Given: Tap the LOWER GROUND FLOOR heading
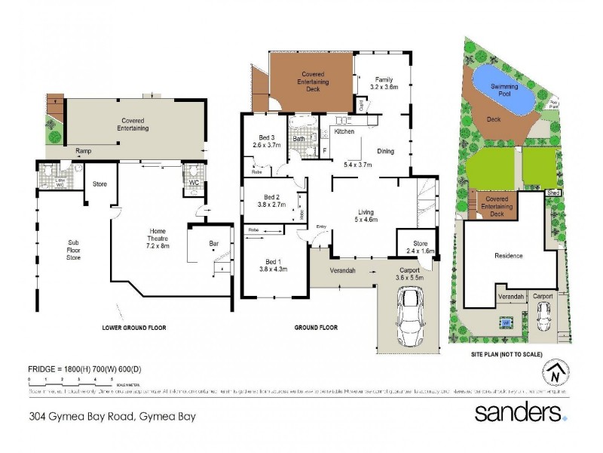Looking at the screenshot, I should pos(133,328).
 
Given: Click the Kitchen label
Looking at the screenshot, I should pos(344,132).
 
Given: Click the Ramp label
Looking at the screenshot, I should pos(83,151).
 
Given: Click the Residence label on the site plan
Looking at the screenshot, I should pos(508,255).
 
